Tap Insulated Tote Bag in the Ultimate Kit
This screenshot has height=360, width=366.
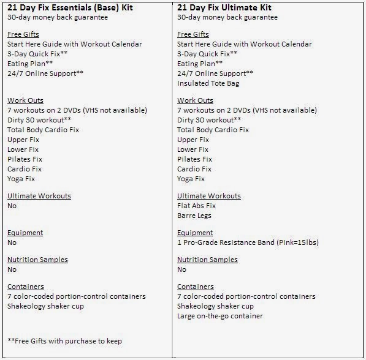[x=208, y=83]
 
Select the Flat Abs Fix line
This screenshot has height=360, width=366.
[x=196, y=206]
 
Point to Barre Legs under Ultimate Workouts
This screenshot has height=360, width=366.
[x=194, y=216]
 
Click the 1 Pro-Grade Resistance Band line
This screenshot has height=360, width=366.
[x=248, y=242]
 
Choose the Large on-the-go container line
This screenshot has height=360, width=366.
[x=219, y=316]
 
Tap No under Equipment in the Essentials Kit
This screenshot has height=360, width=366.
[x=12, y=242]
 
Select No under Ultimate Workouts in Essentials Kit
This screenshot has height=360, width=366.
[x=12, y=206]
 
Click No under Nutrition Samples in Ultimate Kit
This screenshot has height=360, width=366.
[x=181, y=269]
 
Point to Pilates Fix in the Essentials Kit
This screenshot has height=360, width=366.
[x=25, y=159]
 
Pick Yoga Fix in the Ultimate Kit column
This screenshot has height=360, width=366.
[x=191, y=179]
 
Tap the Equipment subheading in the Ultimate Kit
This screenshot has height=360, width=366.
[x=196, y=233]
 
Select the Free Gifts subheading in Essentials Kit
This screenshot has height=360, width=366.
[x=22, y=34]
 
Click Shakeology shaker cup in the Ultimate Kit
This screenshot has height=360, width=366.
[x=215, y=306]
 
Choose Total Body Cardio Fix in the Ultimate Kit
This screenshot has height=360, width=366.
[x=213, y=130]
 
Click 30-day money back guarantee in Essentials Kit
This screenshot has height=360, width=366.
[x=57, y=17]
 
